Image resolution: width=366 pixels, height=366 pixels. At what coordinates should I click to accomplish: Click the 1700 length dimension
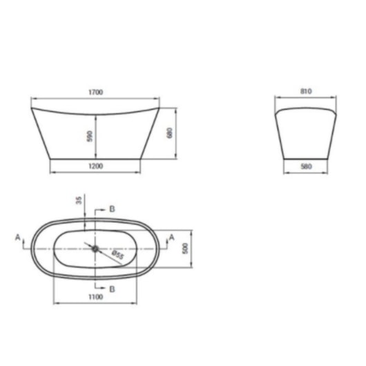[96, 93]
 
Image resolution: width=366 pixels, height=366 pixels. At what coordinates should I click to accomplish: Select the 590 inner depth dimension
[90, 136]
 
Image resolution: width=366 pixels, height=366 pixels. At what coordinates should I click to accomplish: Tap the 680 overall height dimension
[170, 133]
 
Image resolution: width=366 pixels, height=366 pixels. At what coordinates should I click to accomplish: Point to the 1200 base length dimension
[96, 166]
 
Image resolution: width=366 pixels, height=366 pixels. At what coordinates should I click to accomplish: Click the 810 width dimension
[306, 91]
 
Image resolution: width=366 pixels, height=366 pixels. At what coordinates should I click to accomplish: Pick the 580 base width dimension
[306, 166]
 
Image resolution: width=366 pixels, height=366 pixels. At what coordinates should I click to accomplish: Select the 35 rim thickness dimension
[79, 200]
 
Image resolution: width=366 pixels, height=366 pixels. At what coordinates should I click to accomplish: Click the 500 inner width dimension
[185, 249]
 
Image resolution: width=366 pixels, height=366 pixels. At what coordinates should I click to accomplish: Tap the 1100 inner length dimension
[96, 297]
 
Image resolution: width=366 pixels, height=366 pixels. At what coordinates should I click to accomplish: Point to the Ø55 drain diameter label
[117, 255]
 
